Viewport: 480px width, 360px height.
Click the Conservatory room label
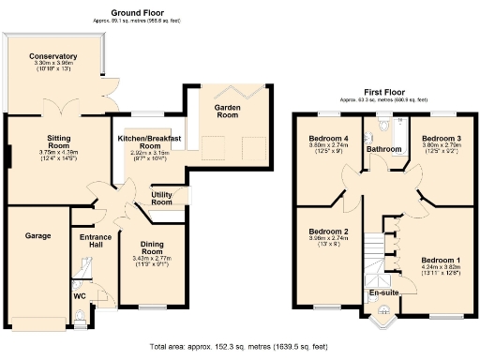[52, 56]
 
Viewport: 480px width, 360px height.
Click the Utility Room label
[161, 198]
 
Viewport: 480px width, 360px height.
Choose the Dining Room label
[152, 248]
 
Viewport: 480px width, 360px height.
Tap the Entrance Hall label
[95, 241]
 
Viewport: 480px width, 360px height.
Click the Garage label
[37, 235]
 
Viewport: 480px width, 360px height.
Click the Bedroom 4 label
[328, 140]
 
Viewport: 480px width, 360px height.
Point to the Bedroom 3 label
[440, 140]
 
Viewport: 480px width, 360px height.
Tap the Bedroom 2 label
[328, 231]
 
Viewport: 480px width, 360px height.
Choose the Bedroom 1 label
[440, 259]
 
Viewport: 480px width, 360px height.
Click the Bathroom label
[383, 149]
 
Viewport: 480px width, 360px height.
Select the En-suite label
[384, 293]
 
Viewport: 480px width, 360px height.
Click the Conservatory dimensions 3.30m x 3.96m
[52, 63]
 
